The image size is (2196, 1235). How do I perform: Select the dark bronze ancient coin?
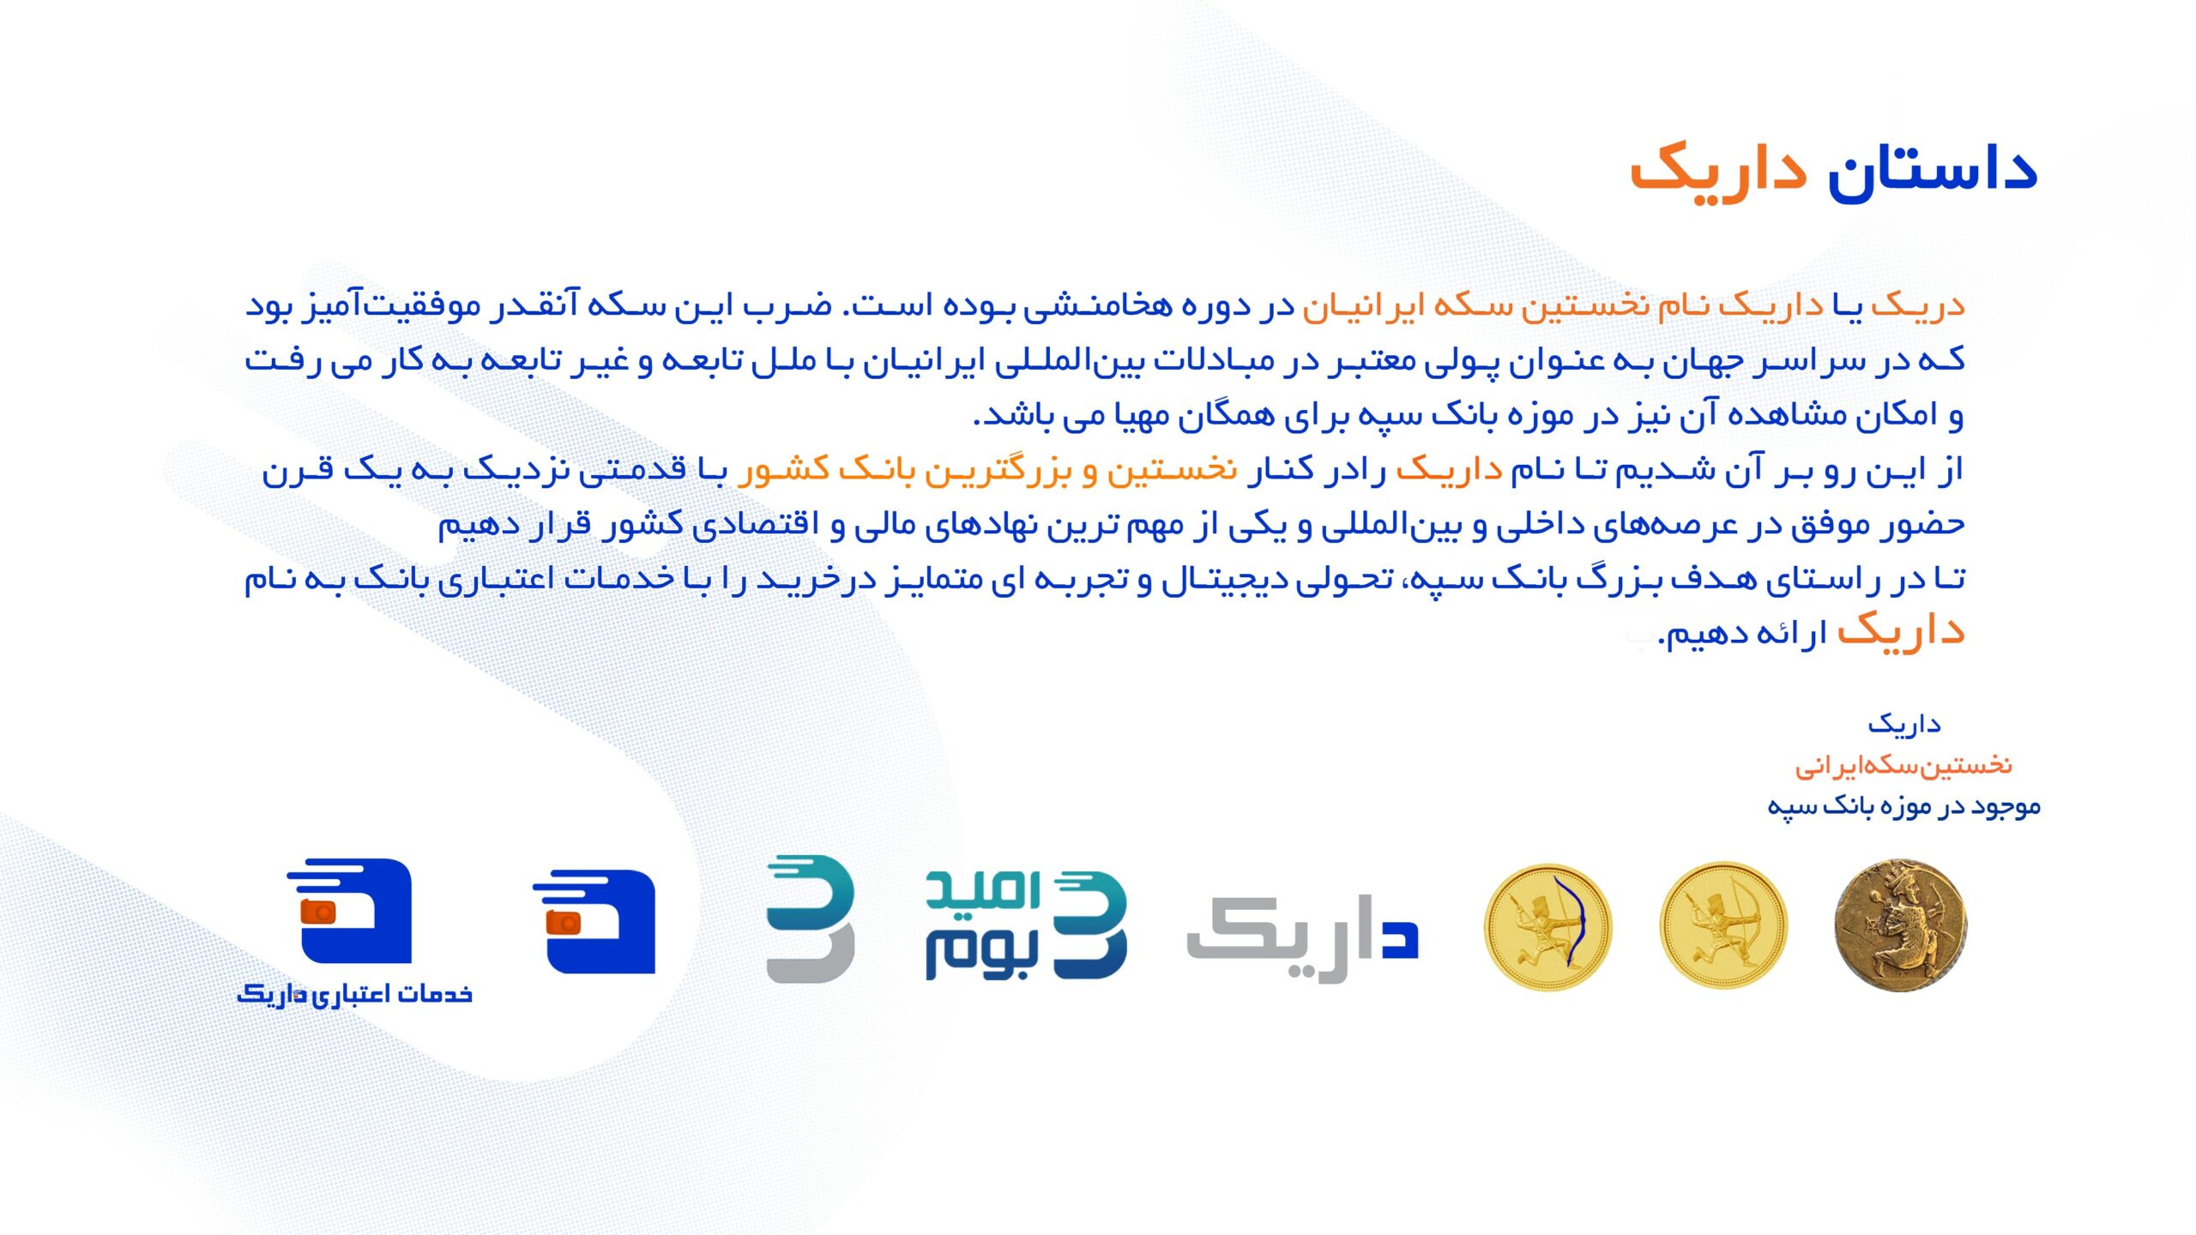pyautogui.click(x=1900, y=926)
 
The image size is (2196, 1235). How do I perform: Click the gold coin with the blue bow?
pyautogui.click(x=1547, y=927)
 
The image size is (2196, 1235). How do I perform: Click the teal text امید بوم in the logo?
pyautogui.click(x=983, y=925)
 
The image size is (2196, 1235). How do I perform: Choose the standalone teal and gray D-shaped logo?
pyautogui.click(x=810, y=919)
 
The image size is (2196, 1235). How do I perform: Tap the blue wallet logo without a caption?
pyautogui.click(x=594, y=922)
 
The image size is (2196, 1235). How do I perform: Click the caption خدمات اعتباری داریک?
pyautogui.click(x=354, y=994)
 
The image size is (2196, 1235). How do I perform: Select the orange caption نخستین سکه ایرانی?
pyautogui.click(x=1903, y=764)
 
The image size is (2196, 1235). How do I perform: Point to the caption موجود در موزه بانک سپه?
pyautogui.click(x=1903, y=805)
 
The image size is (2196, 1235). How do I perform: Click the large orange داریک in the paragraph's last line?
pyautogui.click(x=1901, y=631)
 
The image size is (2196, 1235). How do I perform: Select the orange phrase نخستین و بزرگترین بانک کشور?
pyautogui.click(x=986, y=469)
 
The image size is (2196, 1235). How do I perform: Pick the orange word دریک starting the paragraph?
pyautogui.click(x=1917, y=305)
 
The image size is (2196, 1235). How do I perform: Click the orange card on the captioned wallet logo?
pyautogui.click(x=319, y=912)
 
